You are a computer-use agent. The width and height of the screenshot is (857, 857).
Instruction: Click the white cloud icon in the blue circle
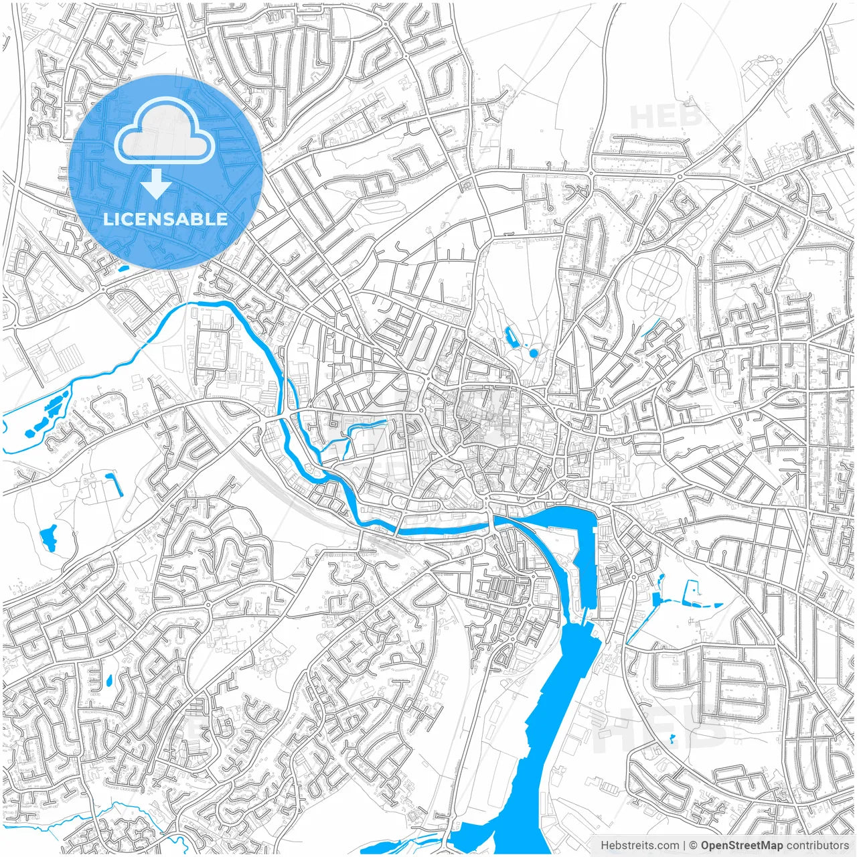coord(165,132)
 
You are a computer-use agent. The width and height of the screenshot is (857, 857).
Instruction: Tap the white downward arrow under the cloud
coord(156,183)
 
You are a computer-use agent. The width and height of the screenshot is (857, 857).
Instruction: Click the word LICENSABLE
coord(165,219)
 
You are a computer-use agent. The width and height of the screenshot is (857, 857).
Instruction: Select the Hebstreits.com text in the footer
coord(639,846)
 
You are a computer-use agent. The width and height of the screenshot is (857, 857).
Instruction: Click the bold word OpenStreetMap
coord(742,846)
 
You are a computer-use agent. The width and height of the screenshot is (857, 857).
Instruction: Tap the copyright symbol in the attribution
coord(694,846)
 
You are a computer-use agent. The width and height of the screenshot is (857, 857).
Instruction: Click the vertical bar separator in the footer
coord(684,846)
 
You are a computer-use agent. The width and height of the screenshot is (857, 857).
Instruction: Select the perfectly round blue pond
coord(534,353)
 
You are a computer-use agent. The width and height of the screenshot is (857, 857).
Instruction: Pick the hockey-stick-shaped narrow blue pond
coord(111,483)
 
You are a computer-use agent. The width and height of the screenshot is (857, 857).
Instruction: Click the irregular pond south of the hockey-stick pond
coord(48,538)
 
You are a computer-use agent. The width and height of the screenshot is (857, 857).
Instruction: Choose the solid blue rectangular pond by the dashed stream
coord(656,599)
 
